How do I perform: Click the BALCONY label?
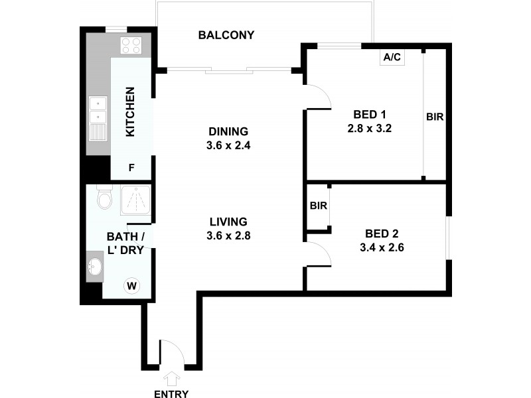coord(226,35)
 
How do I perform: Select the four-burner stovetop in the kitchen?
coord(130,46)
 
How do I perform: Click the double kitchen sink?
coord(98,111)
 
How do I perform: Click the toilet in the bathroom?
coord(104,198)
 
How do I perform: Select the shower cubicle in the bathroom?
coord(135,201)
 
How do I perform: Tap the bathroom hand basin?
coord(95,267)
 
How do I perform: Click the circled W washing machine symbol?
coord(132,286)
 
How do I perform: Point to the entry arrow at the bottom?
coord(171,379)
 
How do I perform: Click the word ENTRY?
coord(171,393)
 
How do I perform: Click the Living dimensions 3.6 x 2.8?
coord(228,235)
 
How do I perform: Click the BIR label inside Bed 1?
coord(435,117)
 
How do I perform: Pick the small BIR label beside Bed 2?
coord(318,206)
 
